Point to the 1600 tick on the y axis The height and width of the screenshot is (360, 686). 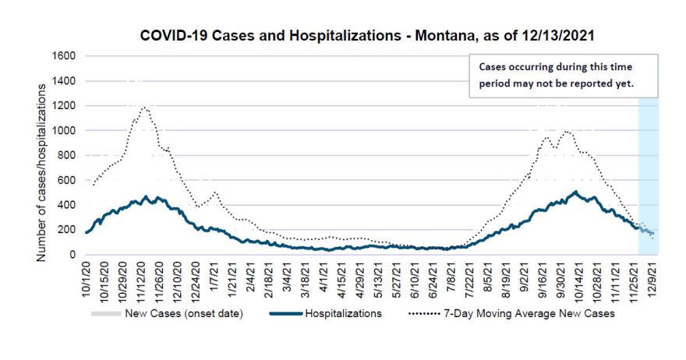pos(64,56)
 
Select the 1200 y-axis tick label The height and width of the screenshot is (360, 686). pos(64,106)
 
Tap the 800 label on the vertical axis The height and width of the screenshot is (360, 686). pos(67,155)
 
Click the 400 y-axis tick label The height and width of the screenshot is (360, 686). pos(67,205)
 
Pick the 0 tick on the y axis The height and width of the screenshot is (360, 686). pos(73,255)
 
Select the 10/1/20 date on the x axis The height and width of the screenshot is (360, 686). pos(86,279)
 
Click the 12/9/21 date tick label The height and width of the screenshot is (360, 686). pos(652,279)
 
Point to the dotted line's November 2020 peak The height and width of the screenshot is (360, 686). pos(144,107)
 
